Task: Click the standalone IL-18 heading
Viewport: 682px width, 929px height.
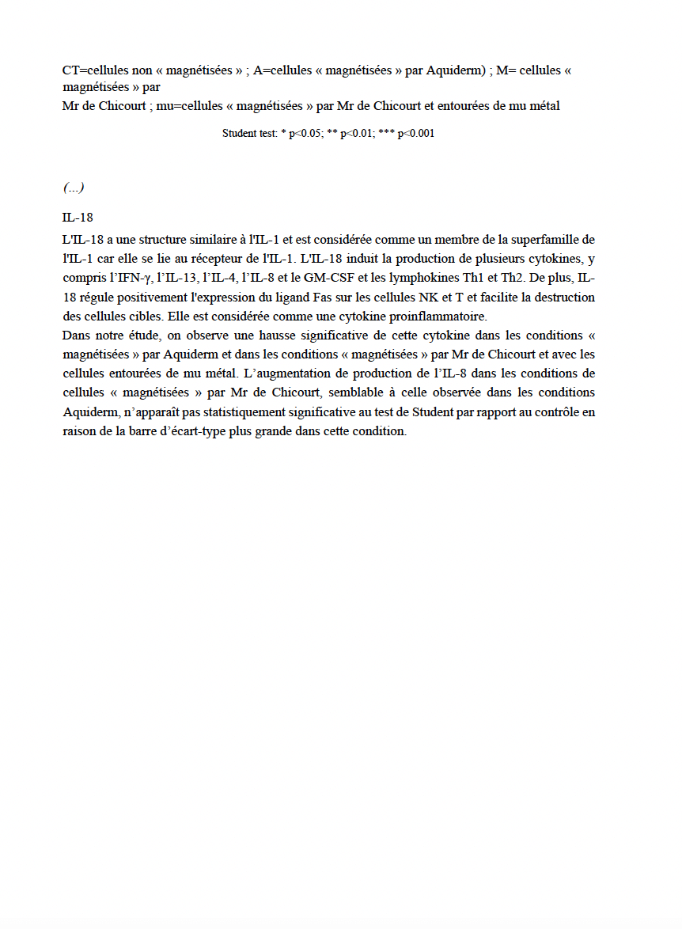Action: pos(78,218)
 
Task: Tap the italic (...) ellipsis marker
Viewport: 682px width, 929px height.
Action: pos(74,188)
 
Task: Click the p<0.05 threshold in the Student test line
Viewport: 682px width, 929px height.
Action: pos(305,134)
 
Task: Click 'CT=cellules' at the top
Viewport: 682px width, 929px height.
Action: pos(96,70)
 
